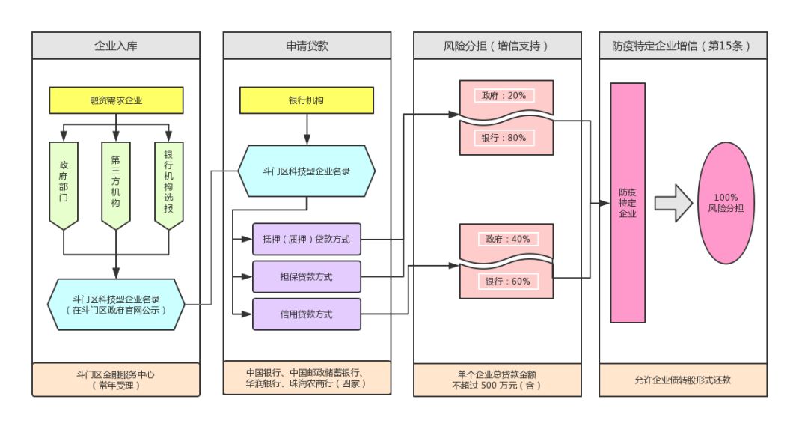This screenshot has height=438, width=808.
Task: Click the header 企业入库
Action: click(x=116, y=46)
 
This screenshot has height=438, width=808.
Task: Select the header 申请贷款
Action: click(x=307, y=46)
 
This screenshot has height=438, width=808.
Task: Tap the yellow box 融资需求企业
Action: click(x=116, y=100)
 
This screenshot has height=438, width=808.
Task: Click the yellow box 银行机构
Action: click(x=306, y=100)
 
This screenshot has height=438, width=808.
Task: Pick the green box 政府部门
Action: click(x=64, y=183)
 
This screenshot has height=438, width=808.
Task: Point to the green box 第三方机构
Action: click(x=116, y=183)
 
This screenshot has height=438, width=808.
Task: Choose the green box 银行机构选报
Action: click(x=168, y=183)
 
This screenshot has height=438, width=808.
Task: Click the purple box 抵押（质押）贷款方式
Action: click(x=307, y=239)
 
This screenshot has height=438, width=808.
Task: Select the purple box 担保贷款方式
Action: click(x=307, y=276)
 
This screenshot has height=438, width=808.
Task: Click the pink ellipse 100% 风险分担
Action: click(x=725, y=203)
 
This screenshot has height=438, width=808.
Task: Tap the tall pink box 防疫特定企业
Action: click(x=628, y=203)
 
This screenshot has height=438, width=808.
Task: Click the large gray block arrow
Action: click(x=673, y=203)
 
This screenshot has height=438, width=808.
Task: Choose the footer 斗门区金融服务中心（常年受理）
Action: click(x=116, y=380)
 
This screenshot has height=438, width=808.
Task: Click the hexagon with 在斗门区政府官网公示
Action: click(x=116, y=304)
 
